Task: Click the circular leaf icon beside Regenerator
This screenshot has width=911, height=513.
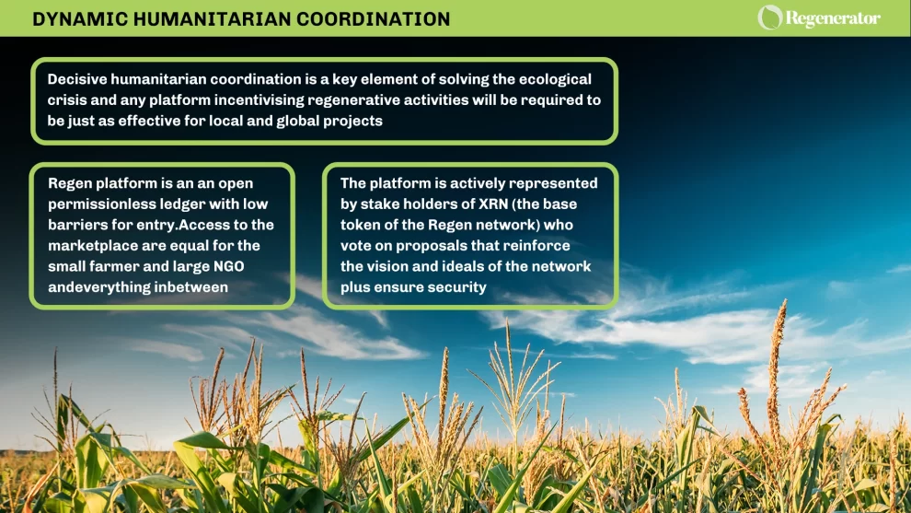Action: click(x=769, y=17)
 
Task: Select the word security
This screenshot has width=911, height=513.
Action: click(x=455, y=287)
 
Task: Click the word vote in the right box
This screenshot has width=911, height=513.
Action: click(x=357, y=246)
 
